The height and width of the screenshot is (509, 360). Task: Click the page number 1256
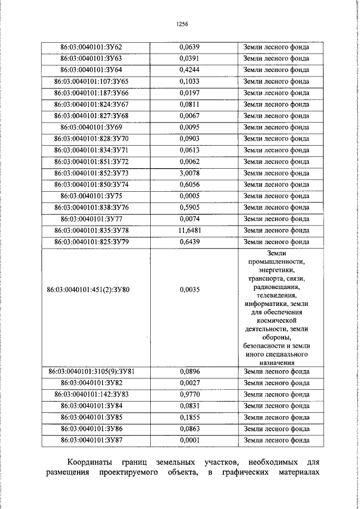(x=181, y=24)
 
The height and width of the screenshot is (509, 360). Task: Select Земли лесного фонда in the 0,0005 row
(x=276, y=196)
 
